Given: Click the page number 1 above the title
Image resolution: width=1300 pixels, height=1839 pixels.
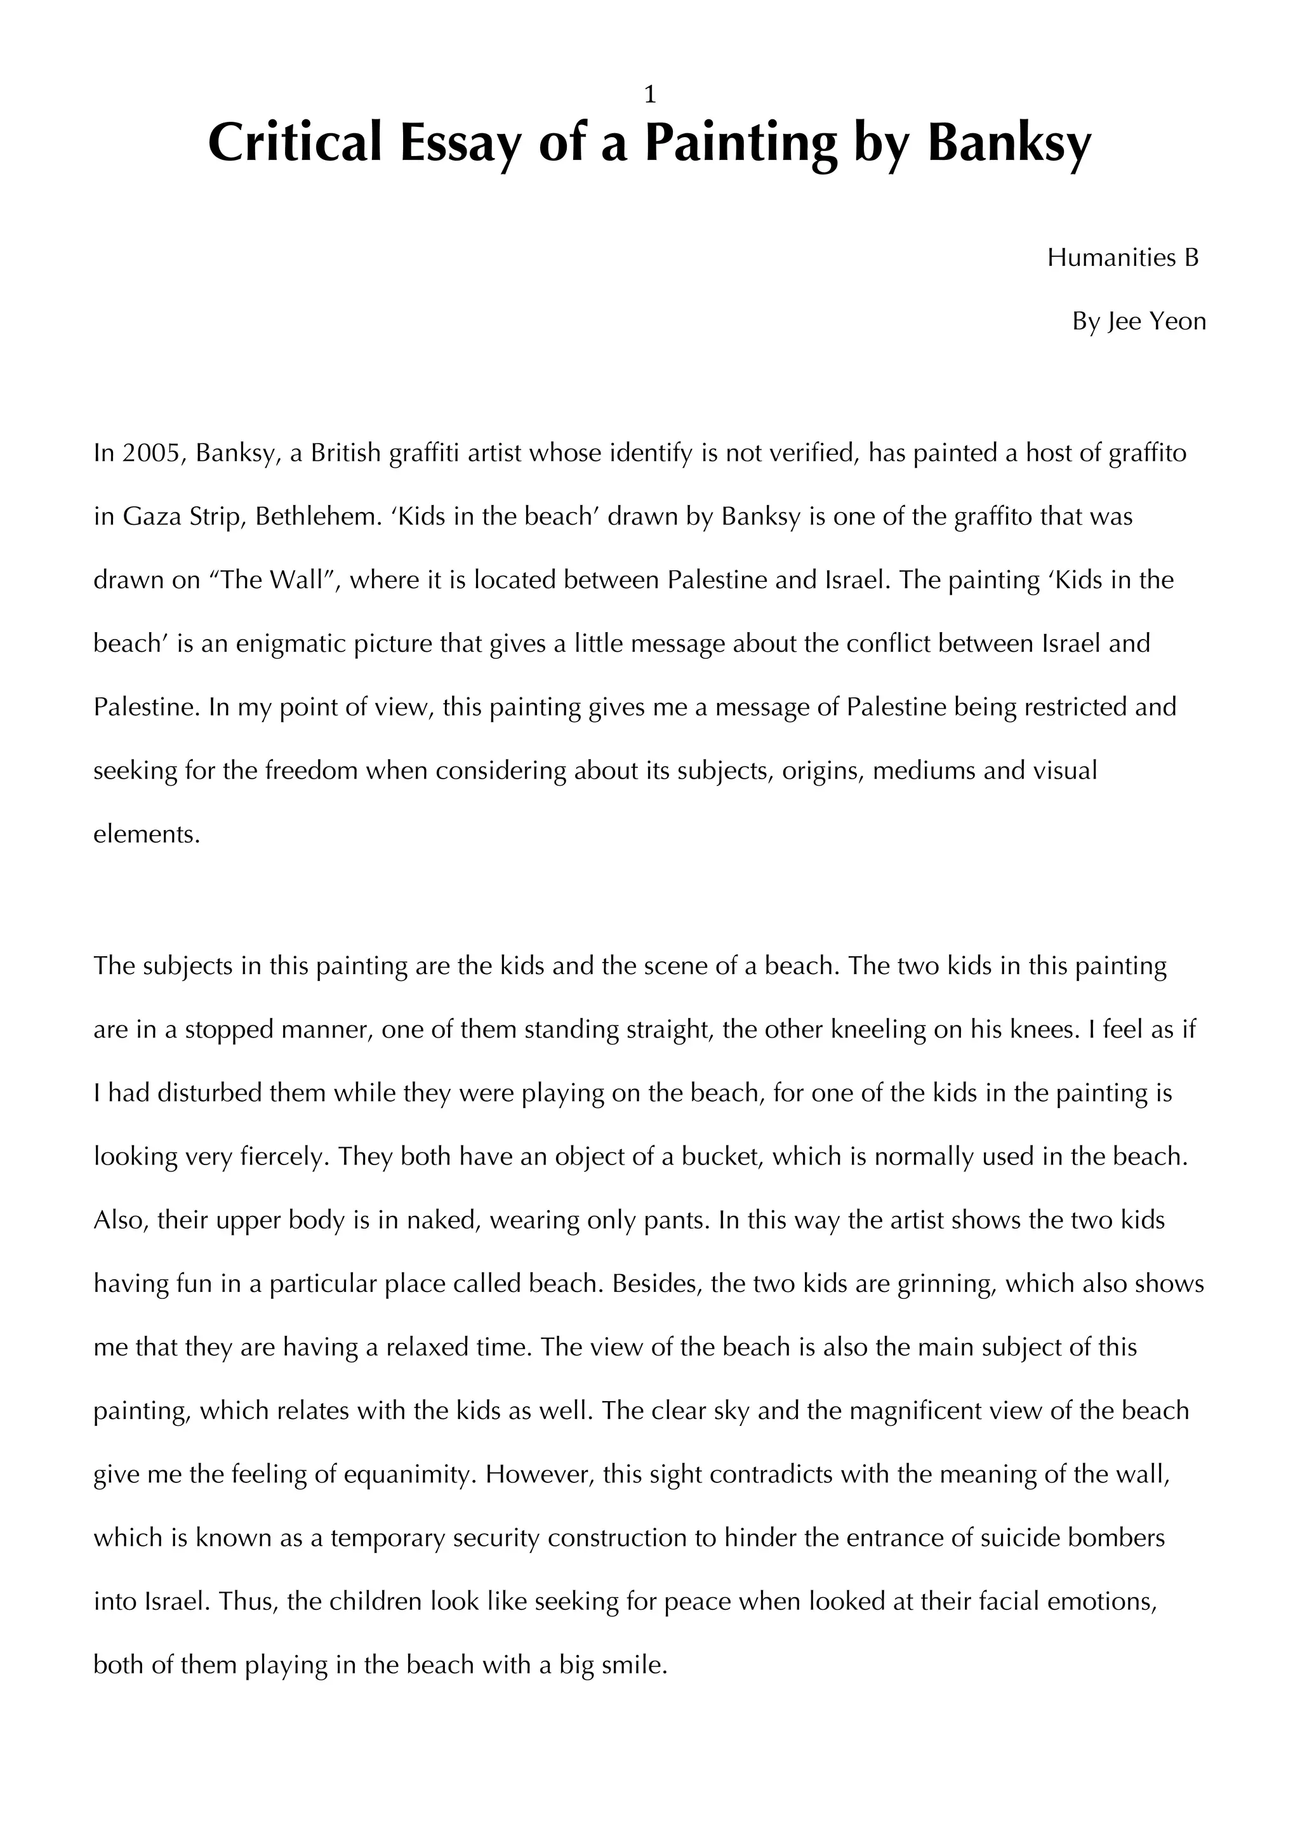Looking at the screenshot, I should pyautogui.click(x=649, y=95).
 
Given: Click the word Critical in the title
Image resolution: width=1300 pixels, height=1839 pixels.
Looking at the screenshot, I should pyautogui.click(x=294, y=143).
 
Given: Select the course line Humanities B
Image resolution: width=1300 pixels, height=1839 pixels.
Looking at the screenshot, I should pyautogui.click(x=1123, y=258).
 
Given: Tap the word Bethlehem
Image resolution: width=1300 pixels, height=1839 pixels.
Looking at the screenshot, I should pyautogui.click(x=315, y=517).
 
